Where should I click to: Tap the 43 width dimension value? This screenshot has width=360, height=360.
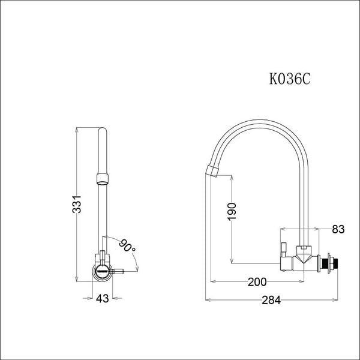(x=102, y=298)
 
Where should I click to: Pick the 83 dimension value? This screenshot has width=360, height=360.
(x=338, y=229)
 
